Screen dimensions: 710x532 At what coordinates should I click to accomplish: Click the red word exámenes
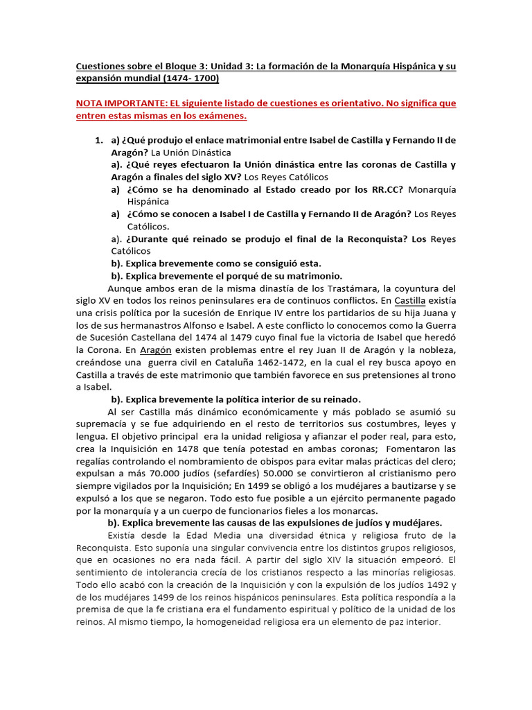tap(218, 116)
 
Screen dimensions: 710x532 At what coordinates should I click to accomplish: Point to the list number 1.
tap(99, 140)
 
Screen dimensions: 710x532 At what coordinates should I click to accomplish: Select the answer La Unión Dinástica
tap(192, 153)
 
